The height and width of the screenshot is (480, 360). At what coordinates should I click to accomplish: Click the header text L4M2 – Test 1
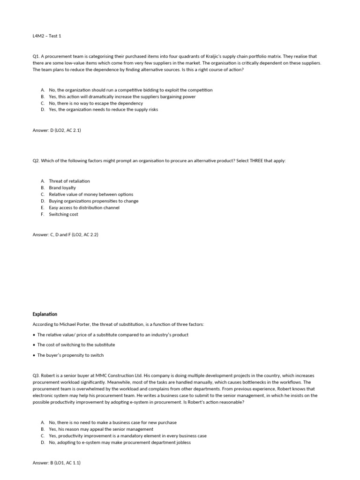coord(47,36)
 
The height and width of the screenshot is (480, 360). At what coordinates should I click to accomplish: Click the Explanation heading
coord(45,314)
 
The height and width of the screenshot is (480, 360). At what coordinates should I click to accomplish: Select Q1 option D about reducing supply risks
coord(103,110)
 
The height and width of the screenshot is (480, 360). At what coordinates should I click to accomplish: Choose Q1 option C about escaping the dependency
coord(96,103)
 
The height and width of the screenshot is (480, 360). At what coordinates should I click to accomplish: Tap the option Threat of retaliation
coord(69,181)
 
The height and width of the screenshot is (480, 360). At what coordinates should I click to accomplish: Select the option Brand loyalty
coord(62,187)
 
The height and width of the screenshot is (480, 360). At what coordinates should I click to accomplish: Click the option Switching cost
coord(63,214)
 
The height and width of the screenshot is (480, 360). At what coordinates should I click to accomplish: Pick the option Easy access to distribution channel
coord(84,208)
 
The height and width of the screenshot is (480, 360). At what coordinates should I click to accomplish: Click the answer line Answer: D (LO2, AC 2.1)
coord(57,130)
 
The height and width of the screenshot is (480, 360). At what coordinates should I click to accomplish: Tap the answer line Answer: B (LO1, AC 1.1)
coord(57,463)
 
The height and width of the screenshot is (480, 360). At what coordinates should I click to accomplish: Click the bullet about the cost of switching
coord(76,345)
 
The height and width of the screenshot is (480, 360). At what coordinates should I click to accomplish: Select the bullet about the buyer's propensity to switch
coord(70,355)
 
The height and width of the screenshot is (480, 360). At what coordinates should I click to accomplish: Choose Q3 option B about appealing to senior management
coord(101,429)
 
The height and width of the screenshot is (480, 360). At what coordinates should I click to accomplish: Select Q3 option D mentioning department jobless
coord(120,442)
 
